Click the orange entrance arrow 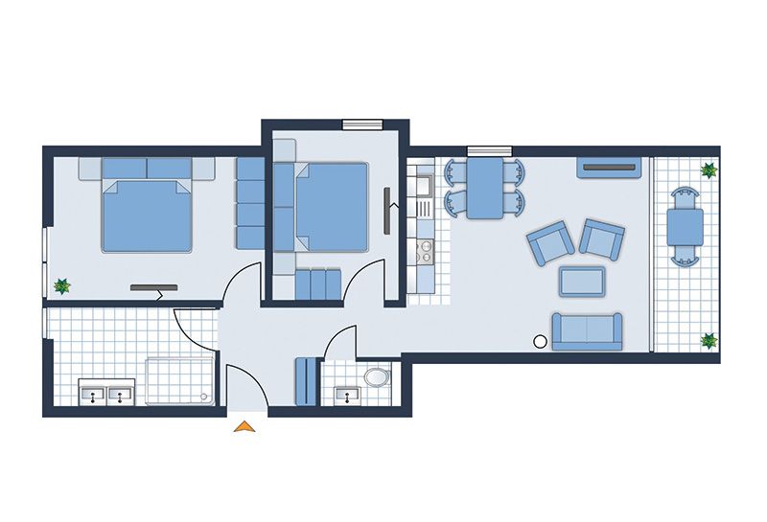click(x=245, y=427)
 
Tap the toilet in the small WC click(x=378, y=376)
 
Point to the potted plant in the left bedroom click(x=62, y=285)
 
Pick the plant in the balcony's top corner click(x=709, y=171)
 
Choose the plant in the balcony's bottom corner click(x=709, y=340)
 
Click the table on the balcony click(x=685, y=226)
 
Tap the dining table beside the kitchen click(x=485, y=188)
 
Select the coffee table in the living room click(x=582, y=281)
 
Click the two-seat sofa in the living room click(x=586, y=330)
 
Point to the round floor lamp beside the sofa click(x=540, y=340)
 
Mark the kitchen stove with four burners click(x=422, y=252)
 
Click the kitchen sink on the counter click(x=421, y=205)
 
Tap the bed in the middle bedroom click(x=328, y=206)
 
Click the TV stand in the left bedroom click(x=153, y=286)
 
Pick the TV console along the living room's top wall click(x=608, y=169)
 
